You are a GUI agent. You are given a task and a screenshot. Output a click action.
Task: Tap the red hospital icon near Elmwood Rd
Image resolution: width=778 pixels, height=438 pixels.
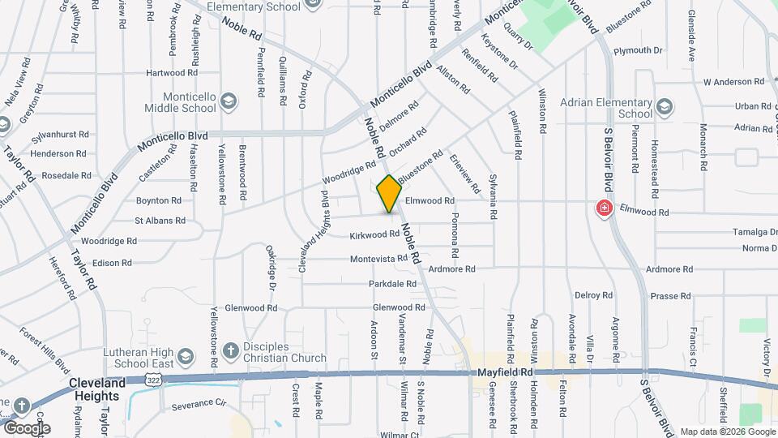pos(604,208)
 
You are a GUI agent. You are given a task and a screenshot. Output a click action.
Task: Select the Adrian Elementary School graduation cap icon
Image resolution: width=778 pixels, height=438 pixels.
pos(665,106)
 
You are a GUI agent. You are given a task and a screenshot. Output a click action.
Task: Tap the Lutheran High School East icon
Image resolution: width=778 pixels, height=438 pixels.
pos(186,357)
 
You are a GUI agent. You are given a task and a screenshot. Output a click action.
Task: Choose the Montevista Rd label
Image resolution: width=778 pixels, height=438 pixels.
pos(378,259)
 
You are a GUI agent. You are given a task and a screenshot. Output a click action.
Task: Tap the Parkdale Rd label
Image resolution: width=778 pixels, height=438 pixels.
pos(392,284)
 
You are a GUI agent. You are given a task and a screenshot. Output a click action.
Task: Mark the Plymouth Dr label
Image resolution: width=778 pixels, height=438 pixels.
pos(638,50)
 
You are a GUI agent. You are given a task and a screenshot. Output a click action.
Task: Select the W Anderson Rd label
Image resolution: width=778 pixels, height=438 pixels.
pos(734,81)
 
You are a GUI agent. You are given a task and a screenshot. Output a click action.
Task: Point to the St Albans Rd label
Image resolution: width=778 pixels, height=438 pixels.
pos(160,220)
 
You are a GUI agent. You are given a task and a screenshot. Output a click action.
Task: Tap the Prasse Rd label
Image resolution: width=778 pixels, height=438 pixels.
pos(669,296)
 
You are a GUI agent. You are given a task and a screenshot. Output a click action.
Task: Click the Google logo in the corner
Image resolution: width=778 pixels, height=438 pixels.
pos(27,427)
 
